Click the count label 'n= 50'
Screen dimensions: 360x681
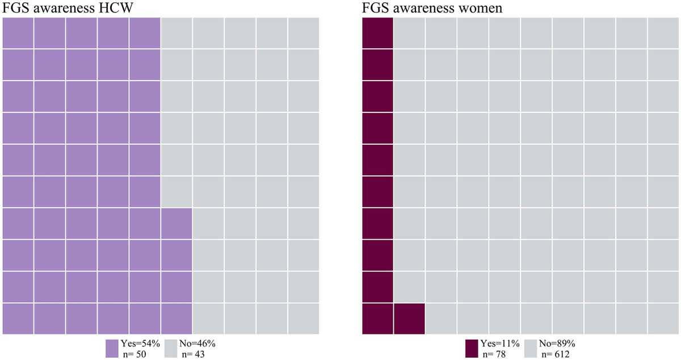tap(134, 354)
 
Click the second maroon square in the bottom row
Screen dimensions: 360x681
tap(409, 319)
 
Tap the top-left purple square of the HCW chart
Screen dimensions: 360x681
tap(18, 33)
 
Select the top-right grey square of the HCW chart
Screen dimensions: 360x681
tap(303, 33)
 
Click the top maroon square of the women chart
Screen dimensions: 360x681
tap(377, 33)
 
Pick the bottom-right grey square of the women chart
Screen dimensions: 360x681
tap(663, 319)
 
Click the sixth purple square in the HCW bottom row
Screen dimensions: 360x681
tap(176, 319)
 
